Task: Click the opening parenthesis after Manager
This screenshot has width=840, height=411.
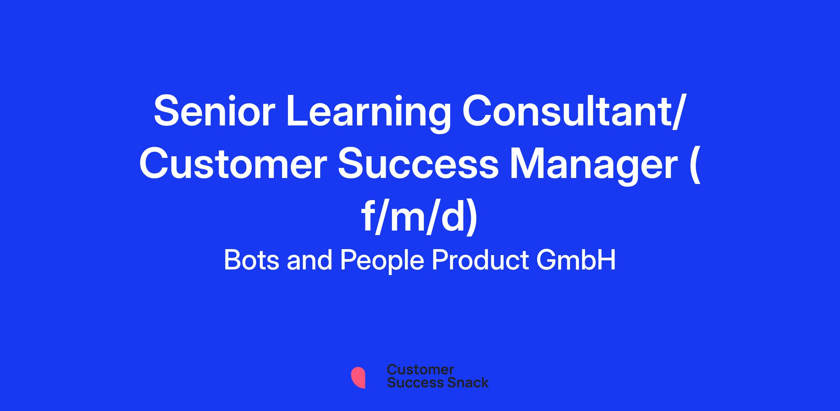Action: tap(696, 167)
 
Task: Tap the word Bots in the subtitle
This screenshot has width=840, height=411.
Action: tap(251, 260)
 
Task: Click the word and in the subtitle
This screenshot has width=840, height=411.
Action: tap(309, 260)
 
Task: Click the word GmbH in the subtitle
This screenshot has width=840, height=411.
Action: tap(576, 260)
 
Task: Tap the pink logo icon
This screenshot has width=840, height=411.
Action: tap(358, 377)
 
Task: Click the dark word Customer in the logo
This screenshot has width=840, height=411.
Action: tap(420, 370)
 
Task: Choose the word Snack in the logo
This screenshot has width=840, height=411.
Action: tap(463, 383)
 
